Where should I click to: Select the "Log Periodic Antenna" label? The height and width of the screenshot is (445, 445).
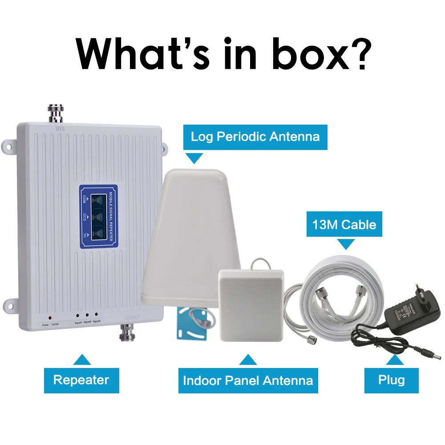[x=255, y=136]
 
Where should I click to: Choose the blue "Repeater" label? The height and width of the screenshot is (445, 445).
[x=81, y=380]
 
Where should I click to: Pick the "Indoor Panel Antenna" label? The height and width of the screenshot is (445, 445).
[x=248, y=380]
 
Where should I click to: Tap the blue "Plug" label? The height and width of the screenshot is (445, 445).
[x=392, y=380]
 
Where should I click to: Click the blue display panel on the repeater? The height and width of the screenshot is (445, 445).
[x=98, y=216]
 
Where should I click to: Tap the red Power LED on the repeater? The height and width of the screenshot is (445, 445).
[x=50, y=318]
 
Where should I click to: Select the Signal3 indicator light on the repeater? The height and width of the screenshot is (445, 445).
[x=97, y=314]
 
